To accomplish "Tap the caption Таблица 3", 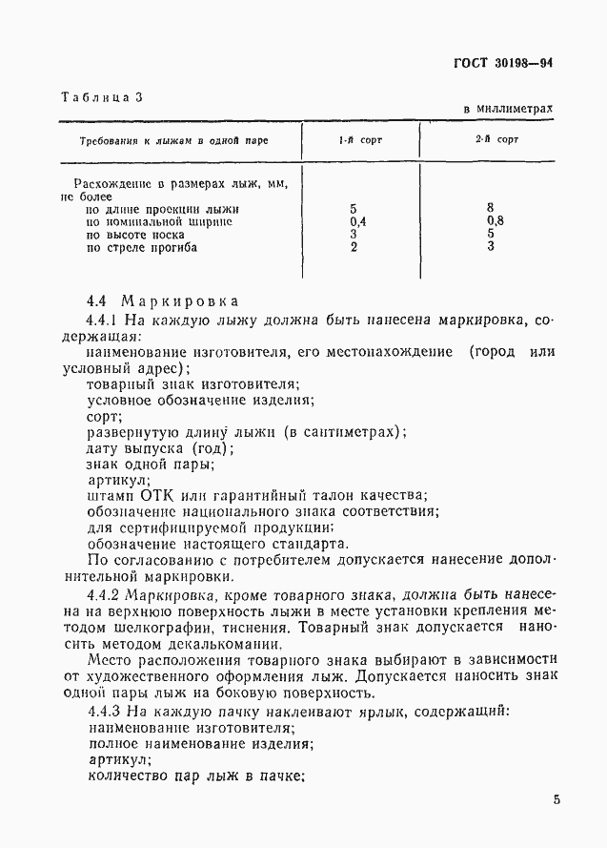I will point(102,97).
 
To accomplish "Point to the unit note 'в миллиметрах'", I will point(508,109).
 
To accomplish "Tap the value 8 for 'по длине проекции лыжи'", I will point(490,208).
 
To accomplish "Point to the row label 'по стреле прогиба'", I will point(141,248).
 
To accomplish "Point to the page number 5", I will point(556,799).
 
